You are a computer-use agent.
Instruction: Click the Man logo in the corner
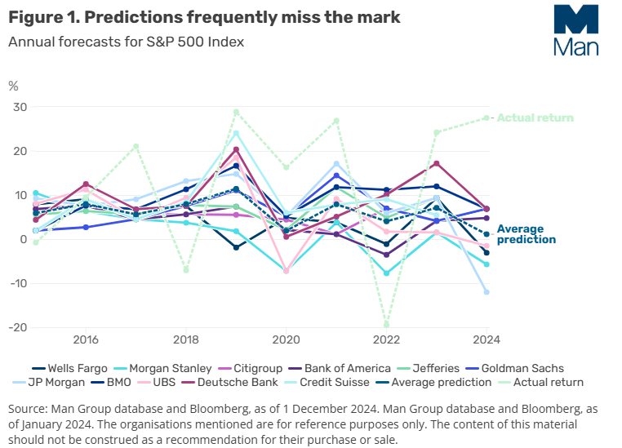[575, 30]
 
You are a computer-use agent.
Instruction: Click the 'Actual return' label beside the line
[535, 118]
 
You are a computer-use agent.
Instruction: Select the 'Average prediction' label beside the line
[526, 234]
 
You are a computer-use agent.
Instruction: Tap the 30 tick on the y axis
[19, 108]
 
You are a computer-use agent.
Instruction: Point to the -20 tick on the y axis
[16, 327]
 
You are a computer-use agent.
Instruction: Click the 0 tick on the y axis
[23, 239]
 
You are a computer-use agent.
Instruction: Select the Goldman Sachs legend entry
[522, 368]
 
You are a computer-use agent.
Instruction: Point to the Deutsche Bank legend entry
[250, 382]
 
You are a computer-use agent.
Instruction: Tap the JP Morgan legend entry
[60, 382]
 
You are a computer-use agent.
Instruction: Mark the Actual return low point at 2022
[386, 324]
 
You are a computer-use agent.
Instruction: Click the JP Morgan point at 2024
[486, 291]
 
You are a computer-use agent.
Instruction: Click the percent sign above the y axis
[13, 84]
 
